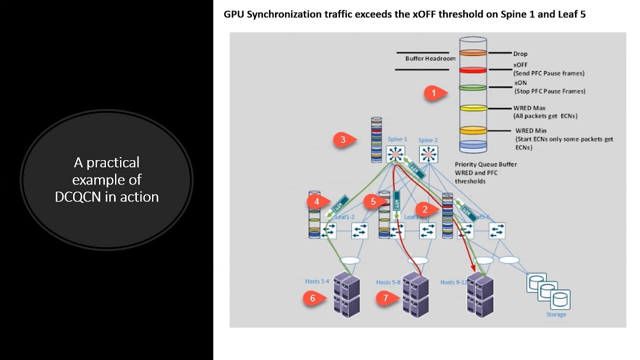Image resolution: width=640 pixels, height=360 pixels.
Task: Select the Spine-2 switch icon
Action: pos(428,154)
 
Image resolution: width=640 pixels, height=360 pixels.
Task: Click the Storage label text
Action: pos(556,314)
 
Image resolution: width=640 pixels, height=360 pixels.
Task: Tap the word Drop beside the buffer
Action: pos(520,54)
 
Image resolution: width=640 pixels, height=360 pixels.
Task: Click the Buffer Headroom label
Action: pos(430,58)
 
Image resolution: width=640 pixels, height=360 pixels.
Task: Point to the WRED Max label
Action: pos(529,108)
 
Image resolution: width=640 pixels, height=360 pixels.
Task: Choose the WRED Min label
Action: pos(530,131)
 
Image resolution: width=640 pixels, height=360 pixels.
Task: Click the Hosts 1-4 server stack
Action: pos(346,294)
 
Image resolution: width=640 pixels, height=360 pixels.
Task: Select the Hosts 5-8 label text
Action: pos(388,282)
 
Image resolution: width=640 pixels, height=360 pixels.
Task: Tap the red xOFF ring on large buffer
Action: pos(473,70)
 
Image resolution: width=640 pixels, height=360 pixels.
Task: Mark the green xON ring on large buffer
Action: pos(473,87)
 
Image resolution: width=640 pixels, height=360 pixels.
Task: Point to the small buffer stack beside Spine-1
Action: pos(376,140)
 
